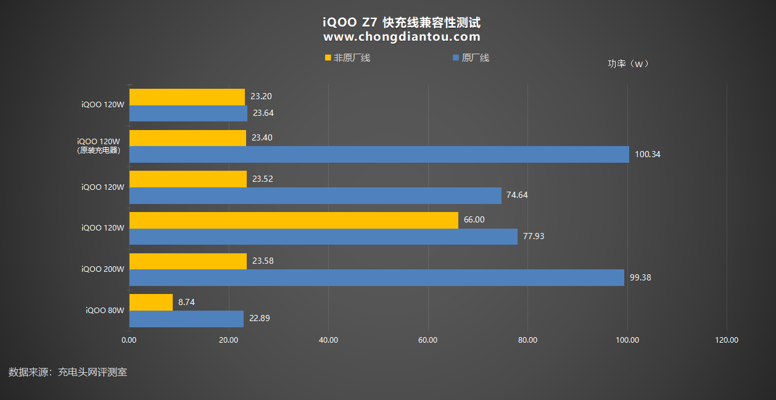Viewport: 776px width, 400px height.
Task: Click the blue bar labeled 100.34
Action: tap(379, 154)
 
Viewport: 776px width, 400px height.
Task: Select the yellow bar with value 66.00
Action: tap(294, 220)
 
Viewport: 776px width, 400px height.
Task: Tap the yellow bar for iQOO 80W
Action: tap(151, 302)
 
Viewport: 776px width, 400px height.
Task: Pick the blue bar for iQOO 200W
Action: tap(376, 277)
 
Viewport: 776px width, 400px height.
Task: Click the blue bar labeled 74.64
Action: tap(315, 195)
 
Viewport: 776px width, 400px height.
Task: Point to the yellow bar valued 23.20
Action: tap(187, 97)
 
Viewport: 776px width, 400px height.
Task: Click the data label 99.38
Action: tap(640, 277)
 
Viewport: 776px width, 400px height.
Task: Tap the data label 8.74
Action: tap(187, 302)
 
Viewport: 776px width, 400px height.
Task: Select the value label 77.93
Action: tap(534, 236)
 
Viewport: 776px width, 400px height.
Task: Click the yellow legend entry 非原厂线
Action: tap(347, 58)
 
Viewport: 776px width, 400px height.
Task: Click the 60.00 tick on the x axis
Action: tap(428, 340)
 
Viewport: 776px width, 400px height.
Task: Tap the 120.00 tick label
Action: tap(727, 340)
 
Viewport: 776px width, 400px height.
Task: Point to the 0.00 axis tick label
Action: tap(129, 340)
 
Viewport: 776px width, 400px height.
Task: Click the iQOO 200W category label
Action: tap(103, 269)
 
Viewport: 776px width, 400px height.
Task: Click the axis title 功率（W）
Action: tap(628, 63)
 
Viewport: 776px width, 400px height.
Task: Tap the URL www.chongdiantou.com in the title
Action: tap(402, 37)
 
